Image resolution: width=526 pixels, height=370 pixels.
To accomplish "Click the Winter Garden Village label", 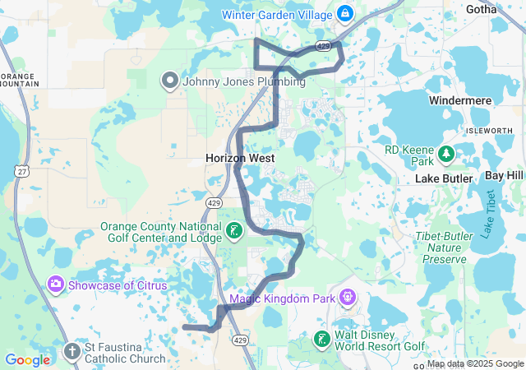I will pyautogui.click(x=276, y=14).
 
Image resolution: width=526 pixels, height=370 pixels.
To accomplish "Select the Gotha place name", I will pyautogui.click(x=503, y=9).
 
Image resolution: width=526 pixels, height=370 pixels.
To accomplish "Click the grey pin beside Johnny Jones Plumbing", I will pyautogui.click(x=170, y=81).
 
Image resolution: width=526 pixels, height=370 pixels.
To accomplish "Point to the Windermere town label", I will pyautogui.click(x=460, y=100).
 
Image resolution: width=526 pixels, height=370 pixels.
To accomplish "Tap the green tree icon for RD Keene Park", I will pyautogui.click(x=445, y=153).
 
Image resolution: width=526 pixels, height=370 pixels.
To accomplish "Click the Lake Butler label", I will pyautogui.click(x=444, y=178).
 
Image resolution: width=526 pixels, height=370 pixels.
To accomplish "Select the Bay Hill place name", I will pyautogui.click(x=504, y=176).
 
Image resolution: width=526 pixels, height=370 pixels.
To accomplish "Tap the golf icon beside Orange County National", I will pyautogui.click(x=234, y=231).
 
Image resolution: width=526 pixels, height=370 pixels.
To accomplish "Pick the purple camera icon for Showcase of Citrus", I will pyautogui.click(x=56, y=284).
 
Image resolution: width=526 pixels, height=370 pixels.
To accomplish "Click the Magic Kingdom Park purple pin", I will pyautogui.click(x=347, y=296).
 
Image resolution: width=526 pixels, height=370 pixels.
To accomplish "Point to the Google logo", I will pyautogui.click(x=27, y=360).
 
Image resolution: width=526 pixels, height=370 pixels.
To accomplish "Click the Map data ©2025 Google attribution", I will pyautogui.click(x=475, y=363).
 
